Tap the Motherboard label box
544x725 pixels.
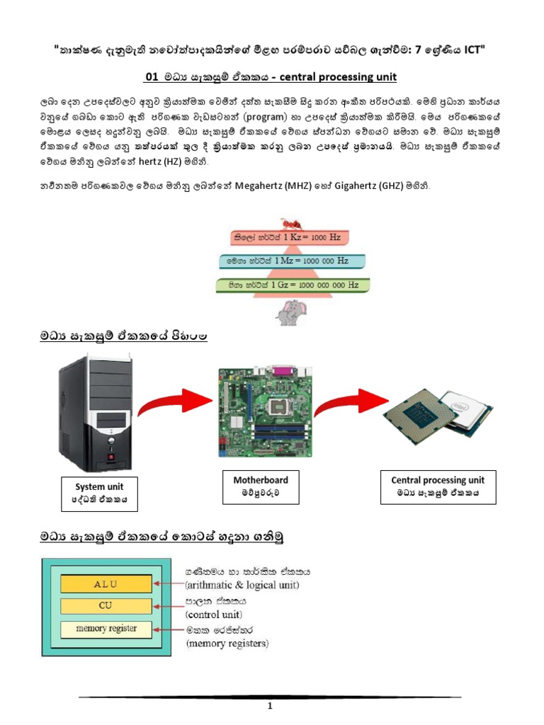261,486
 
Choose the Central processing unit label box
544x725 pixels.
437,486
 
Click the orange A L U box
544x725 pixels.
106,583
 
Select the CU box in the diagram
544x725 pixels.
106,606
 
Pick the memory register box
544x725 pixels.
106,629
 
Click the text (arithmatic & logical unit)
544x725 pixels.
242,585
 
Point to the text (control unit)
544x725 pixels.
214,614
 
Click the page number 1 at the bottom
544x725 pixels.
270,706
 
